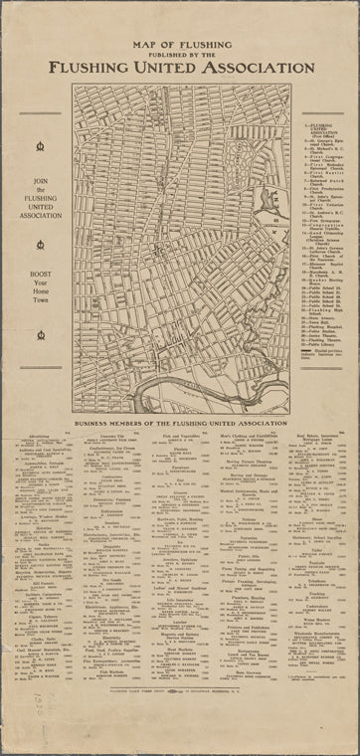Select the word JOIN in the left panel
39,179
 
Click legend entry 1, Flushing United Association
316,129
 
